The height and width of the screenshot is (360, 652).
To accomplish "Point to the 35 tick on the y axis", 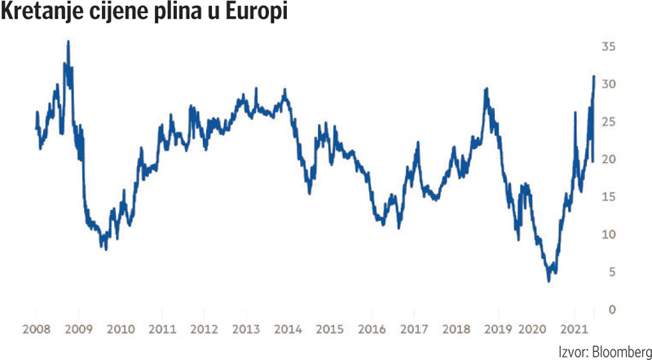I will pyautogui.click(x=608, y=47).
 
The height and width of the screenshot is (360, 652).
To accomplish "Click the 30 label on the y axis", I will pyautogui.click(x=608, y=85).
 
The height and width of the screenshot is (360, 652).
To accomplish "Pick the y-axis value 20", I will pyautogui.click(x=608, y=160).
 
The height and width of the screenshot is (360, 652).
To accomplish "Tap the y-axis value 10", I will pyautogui.click(x=608, y=235).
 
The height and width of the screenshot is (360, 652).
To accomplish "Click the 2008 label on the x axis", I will pyautogui.click(x=37, y=329).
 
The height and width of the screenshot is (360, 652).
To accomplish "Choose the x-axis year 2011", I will pyautogui.click(x=162, y=329).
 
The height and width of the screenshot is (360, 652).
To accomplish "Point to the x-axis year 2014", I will pyautogui.click(x=287, y=329).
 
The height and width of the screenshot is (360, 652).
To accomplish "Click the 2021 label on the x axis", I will pyautogui.click(x=579, y=329).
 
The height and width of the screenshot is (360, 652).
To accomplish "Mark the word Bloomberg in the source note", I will pyautogui.click(x=617, y=352).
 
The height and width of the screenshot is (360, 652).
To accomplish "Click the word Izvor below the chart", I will pyautogui.click(x=570, y=352).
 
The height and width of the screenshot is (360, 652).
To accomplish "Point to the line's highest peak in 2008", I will pyautogui.click(x=68, y=42).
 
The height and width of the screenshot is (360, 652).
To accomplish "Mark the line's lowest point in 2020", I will pyautogui.click(x=548, y=281).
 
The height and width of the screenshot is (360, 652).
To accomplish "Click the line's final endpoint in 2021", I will pyautogui.click(x=594, y=77).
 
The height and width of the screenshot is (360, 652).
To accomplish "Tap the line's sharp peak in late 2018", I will pyautogui.click(x=487, y=89).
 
